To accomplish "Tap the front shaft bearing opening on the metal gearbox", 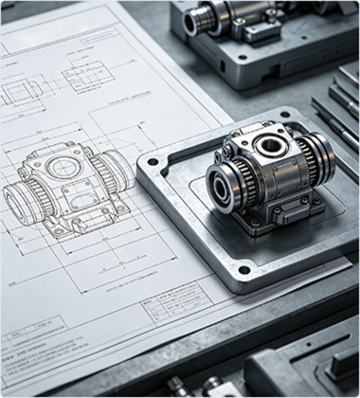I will click(224, 189).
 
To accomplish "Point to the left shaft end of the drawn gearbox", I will click(16, 202).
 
